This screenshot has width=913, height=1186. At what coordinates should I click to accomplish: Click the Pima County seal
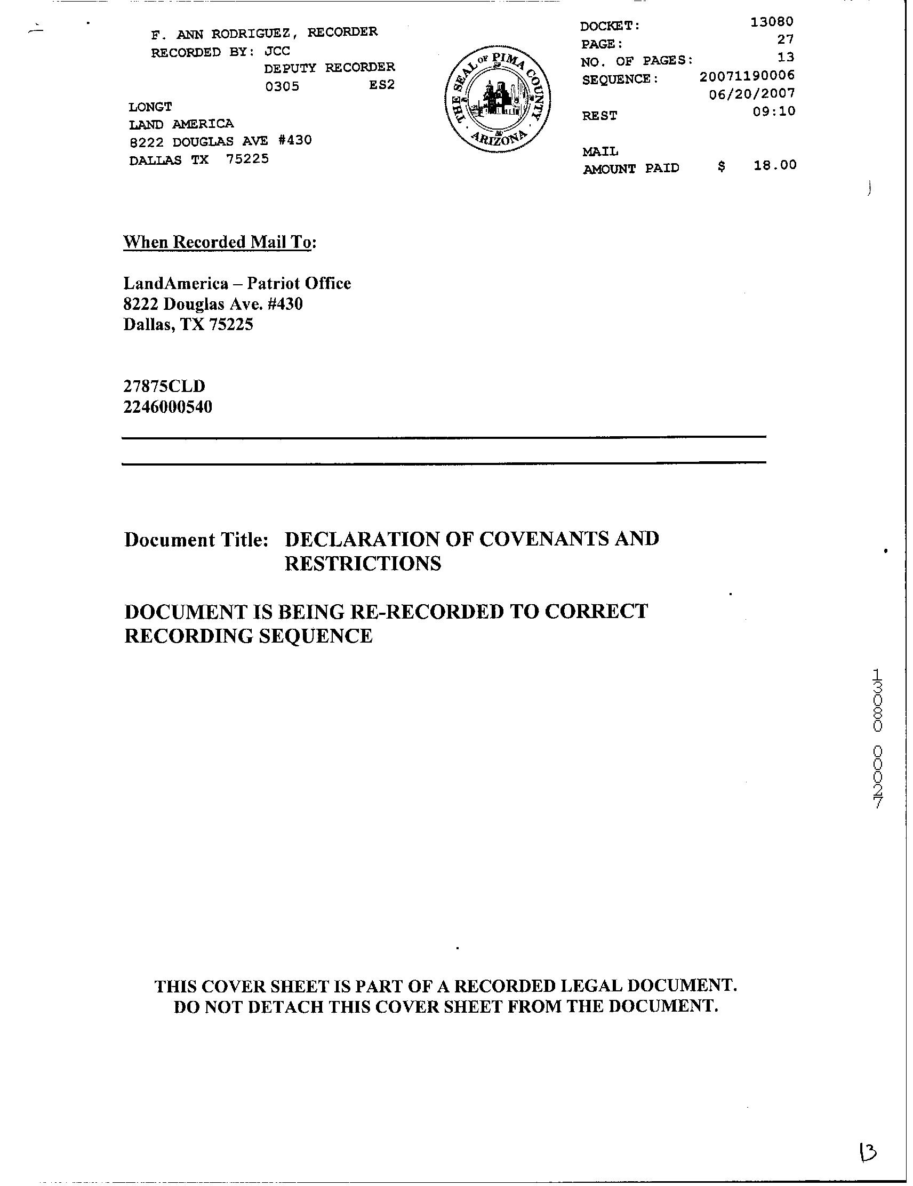(x=496, y=101)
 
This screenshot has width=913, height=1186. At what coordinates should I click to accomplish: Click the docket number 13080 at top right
(x=771, y=22)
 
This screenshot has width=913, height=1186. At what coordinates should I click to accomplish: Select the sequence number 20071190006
(x=747, y=76)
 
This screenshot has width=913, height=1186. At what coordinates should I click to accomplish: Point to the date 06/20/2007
(x=752, y=93)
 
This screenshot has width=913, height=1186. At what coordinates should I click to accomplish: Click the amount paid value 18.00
(x=774, y=165)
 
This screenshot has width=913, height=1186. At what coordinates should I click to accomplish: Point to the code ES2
(x=381, y=85)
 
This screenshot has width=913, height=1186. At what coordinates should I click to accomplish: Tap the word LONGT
(x=150, y=107)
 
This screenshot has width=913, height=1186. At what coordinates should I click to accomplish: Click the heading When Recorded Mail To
(x=219, y=242)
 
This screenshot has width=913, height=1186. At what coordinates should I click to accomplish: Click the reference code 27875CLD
(x=164, y=386)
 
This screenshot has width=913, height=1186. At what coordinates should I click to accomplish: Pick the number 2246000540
(x=167, y=407)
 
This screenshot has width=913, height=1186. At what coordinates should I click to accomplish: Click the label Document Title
(x=196, y=540)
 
